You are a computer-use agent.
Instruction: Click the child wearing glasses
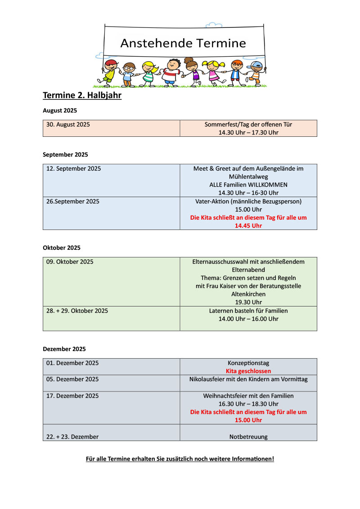coord(128,73)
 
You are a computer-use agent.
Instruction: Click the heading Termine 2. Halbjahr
coord(82,95)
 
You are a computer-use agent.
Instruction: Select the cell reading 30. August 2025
coord(68,125)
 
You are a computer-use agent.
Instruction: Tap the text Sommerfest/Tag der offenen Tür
coord(248,124)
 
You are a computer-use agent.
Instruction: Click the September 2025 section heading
coord(65,154)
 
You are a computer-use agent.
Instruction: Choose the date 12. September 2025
coord(73,169)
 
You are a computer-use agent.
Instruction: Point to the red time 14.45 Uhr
coord(248,226)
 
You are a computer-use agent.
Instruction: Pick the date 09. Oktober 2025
coord(70,262)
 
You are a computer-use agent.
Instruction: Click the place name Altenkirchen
coord(248,294)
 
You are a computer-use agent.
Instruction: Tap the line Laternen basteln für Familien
coord(248,311)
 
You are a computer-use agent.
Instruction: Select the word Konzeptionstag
coord(248,363)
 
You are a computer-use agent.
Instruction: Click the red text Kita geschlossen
coord(248,371)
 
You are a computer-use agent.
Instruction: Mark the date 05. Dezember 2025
coord(72,379)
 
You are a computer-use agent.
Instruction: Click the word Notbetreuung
coord(248,437)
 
